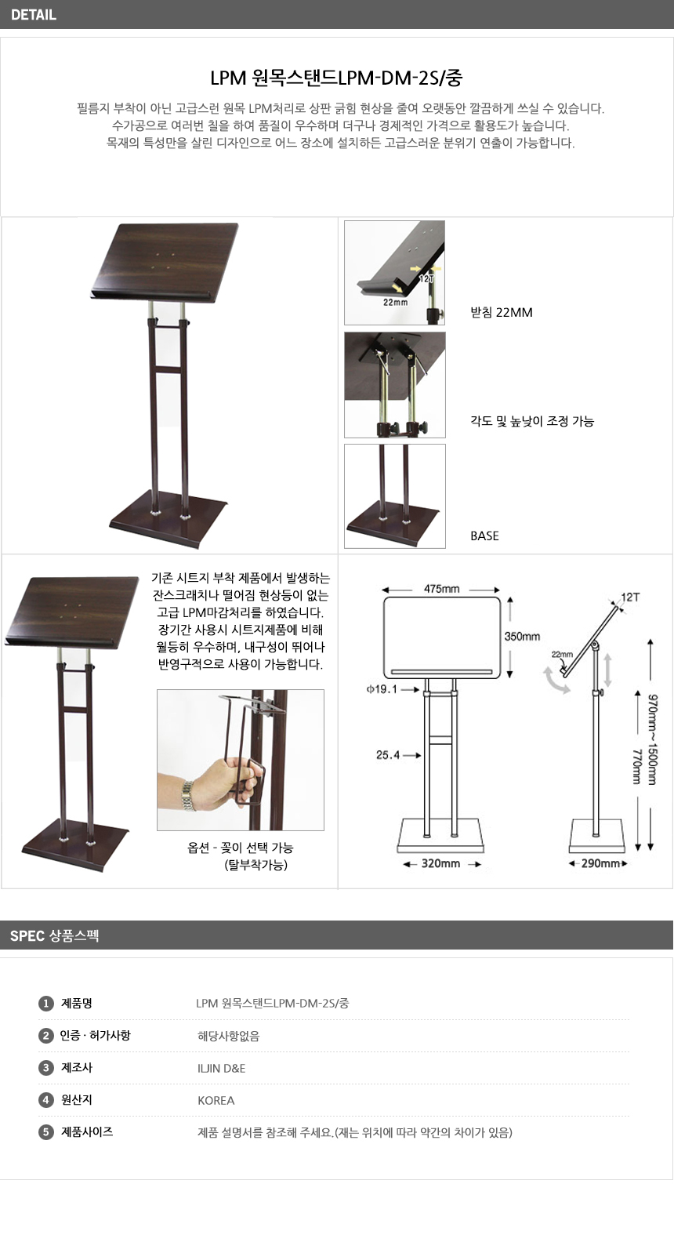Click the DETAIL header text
point(33,15)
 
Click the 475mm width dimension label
point(442,589)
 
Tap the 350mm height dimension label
point(522,637)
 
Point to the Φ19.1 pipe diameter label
point(382,689)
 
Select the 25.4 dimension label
point(388,754)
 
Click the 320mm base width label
point(440,863)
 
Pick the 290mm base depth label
point(600,863)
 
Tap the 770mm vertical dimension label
point(637,767)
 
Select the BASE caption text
point(484,536)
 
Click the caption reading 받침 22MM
point(501,312)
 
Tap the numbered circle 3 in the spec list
point(45,1068)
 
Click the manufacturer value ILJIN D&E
point(221,1069)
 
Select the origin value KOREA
point(216,1101)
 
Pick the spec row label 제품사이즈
point(86,1131)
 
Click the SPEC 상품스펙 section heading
point(54,936)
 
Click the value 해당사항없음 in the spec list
point(228,1036)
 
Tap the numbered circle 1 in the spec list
point(45,1004)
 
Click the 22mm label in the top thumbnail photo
point(395,302)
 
